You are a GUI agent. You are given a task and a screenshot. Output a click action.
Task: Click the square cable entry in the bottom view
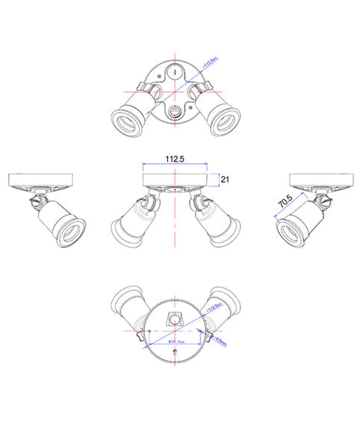pyautogui.click(x=175, y=317)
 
